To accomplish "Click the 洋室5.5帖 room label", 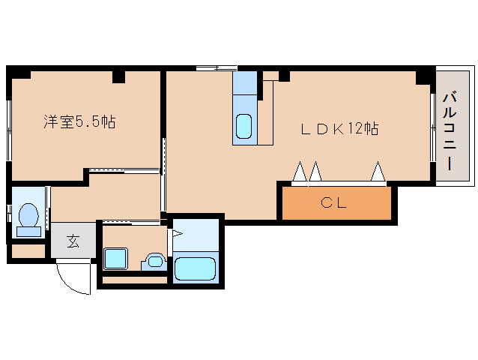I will coord(79,121).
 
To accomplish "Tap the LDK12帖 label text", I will coord(339,128).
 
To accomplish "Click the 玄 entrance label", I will coord(73,241).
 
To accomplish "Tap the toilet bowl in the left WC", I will coord(28,216).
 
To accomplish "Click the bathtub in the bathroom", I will coord(195,268).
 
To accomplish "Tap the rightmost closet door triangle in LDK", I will coord(378,173).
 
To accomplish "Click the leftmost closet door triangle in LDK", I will coord(300,173).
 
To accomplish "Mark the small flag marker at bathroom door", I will coord(178,233).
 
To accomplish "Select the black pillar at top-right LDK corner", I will coord(425,76).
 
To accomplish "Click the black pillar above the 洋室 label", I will coord(118,76).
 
